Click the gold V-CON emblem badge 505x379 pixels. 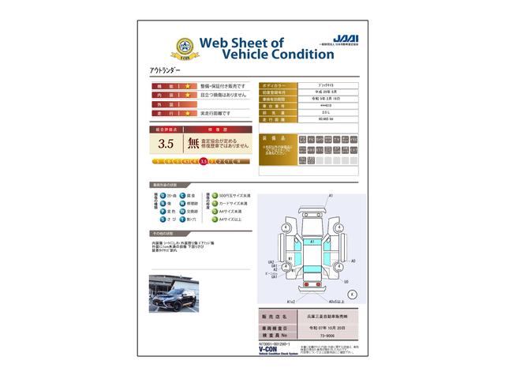(x=163, y=47)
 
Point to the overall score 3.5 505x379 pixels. (x=166, y=144)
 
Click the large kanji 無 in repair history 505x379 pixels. (x=194, y=144)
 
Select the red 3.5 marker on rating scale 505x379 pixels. (x=204, y=160)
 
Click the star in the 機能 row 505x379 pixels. (x=188, y=85)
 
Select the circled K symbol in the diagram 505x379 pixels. (x=351, y=293)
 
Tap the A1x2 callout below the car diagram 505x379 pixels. (x=290, y=302)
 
